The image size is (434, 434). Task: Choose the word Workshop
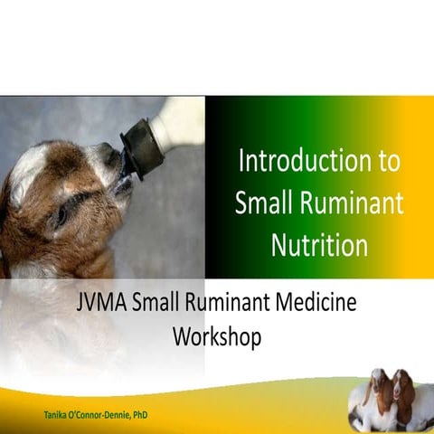217,337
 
